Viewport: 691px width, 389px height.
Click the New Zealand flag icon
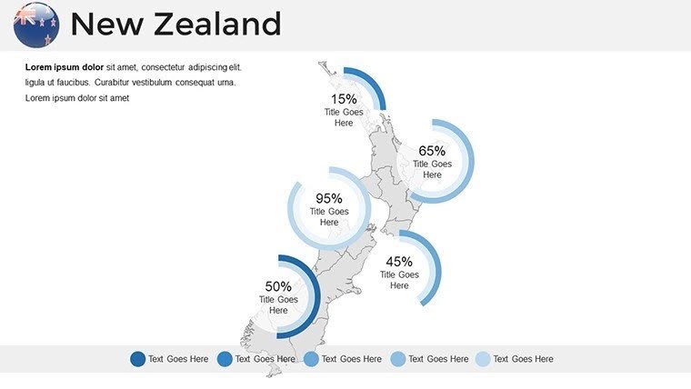[x=36, y=25]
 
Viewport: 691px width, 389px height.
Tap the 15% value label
[x=344, y=98]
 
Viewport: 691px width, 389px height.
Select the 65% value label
[x=432, y=151]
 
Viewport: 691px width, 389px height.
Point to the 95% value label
[x=329, y=198]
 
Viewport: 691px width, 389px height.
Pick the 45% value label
[x=399, y=262]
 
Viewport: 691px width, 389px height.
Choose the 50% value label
[x=278, y=286]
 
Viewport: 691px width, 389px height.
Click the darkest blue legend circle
[x=138, y=359]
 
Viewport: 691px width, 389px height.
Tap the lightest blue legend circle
[x=483, y=359]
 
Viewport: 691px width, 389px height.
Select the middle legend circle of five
[x=311, y=359]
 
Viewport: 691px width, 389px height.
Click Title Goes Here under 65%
[x=432, y=169]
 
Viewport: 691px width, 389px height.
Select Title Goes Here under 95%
[x=329, y=216]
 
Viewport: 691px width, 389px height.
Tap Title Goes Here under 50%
[x=278, y=304]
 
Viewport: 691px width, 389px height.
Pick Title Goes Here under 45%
[x=399, y=280]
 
